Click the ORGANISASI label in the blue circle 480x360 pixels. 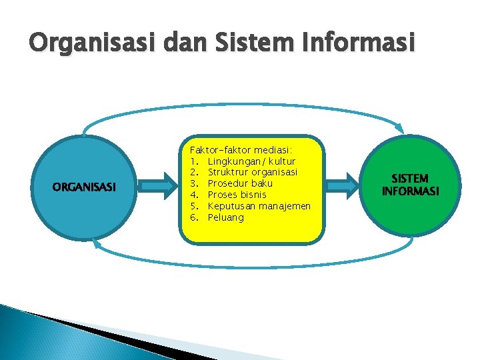(84, 187)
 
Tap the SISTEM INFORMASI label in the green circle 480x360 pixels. (410, 185)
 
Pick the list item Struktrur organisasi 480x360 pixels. (251, 172)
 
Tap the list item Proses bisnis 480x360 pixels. (237, 195)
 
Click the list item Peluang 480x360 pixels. (225, 217)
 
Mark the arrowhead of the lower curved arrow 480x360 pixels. (97, 243)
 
